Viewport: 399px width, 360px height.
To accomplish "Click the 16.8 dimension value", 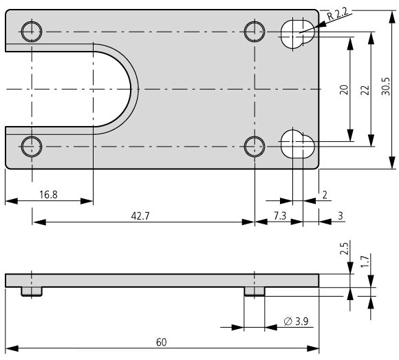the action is [48, 195].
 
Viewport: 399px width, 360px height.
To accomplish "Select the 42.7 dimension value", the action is [140, 216].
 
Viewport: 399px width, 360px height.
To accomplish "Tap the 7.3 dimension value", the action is [280, 216].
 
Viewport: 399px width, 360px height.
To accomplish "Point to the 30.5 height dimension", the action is [385, 86].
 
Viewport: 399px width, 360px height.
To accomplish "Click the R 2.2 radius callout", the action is [337, 14].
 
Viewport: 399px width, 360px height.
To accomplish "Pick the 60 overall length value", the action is [162, 342].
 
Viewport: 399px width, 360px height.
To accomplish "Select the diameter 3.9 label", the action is [296, 321].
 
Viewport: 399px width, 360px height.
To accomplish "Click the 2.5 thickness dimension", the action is [344, 248].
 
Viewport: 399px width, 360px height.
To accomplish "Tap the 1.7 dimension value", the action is [365, 261].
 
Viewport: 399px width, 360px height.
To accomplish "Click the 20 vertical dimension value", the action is [344, 89].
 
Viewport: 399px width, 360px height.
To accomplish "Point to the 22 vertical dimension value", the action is [365, 90].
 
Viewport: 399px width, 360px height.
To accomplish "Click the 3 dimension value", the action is [341, 216].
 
